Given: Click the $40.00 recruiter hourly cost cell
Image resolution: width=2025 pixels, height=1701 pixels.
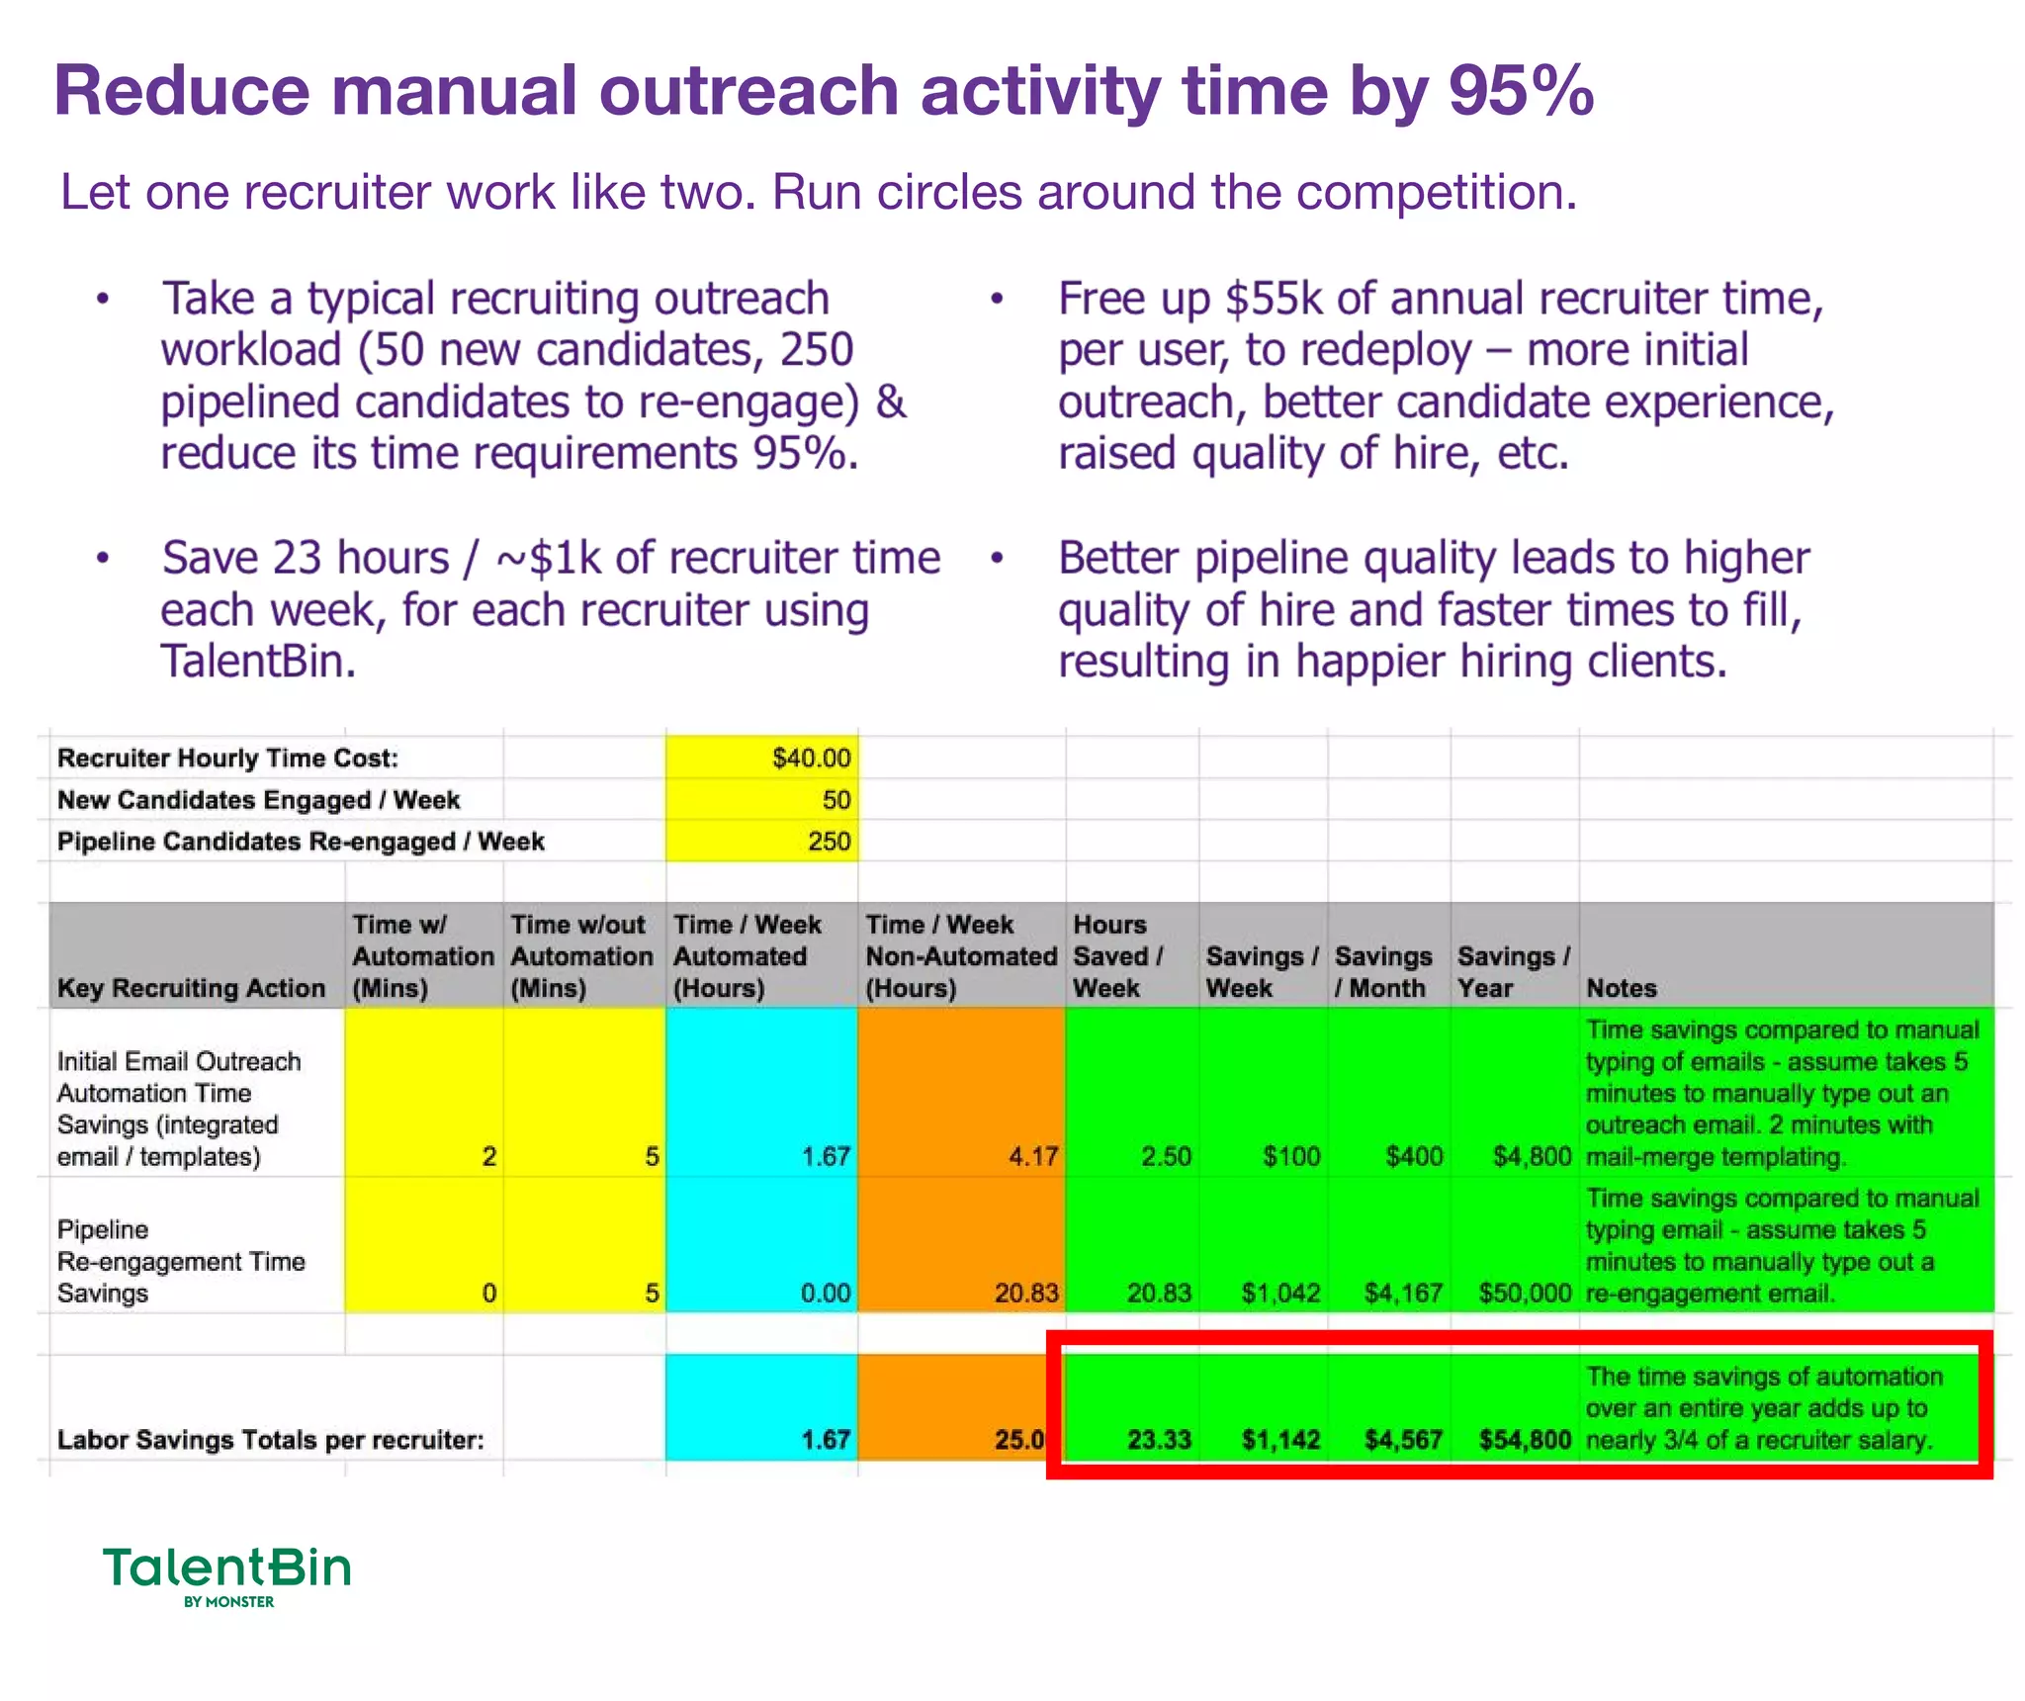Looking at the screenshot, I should pos(810,758).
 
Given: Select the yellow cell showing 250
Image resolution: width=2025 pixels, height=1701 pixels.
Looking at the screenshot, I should pos(828,841).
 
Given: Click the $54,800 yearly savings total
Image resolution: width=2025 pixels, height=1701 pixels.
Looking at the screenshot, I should pos(1525,1439).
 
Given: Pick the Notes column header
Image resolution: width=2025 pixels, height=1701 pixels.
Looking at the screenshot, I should pos(1621,987).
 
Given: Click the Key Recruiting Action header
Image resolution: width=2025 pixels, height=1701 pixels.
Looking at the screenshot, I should pos(191,987).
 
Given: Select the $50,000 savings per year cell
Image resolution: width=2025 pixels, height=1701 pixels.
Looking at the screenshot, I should pos(1525,1293).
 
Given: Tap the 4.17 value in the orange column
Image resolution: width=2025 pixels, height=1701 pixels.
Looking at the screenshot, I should pos(1033,1155).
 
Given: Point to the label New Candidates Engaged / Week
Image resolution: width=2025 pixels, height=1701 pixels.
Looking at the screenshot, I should pos(258,799).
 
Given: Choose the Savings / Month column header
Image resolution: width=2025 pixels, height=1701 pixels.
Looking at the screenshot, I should pos(1382,971).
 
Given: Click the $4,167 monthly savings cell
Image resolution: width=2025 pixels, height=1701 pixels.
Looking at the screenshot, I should pos(1403,1293).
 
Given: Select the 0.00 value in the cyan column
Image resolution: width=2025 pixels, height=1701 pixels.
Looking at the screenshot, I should pos(825,1293).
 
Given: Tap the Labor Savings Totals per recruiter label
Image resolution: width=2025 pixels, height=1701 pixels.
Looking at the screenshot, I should pos(270,1439).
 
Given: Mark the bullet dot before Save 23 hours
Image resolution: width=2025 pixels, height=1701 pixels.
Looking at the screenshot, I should pos(103,559).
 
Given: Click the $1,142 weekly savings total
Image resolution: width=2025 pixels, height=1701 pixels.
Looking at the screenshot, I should pos(1280,1439).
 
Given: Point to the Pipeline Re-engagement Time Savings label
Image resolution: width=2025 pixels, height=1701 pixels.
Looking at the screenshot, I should pos(180,1261).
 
